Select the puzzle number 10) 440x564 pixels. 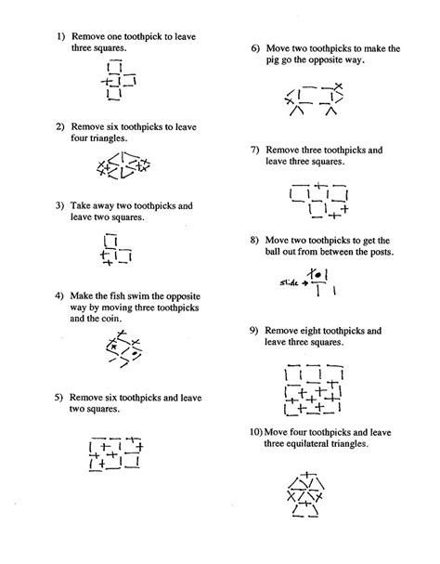pos(255,432)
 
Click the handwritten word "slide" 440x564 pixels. pos(291,281)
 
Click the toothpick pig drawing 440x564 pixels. pos(316,97)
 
